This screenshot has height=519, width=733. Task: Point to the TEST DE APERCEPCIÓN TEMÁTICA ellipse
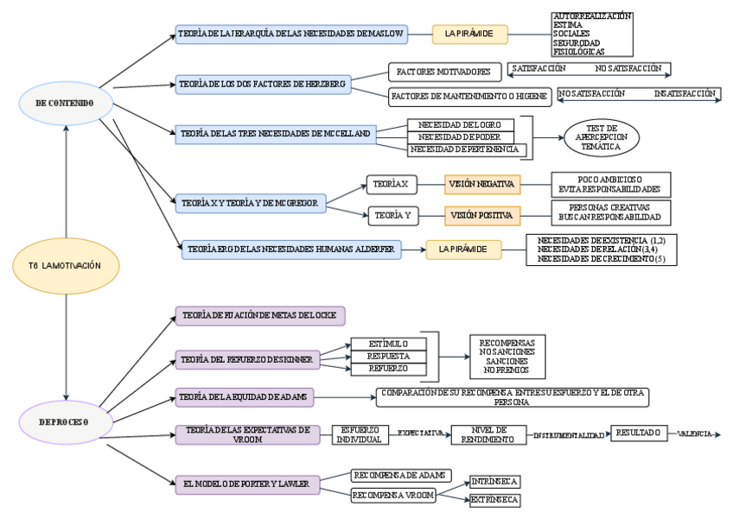(x=602, y=136)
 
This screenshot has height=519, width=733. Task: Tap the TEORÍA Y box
(x=392, y=214)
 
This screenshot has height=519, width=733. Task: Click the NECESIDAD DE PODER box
(x=460, y=137)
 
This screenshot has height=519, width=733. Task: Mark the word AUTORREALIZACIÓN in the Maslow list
(x=592, y=16)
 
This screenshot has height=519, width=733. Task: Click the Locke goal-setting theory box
(x=260, y=315)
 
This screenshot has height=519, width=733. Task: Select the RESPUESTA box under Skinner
(x=390, y=356)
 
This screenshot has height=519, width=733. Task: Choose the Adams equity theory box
(x=245, y=396)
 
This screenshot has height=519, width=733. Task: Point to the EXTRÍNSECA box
(x=495, y=500)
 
